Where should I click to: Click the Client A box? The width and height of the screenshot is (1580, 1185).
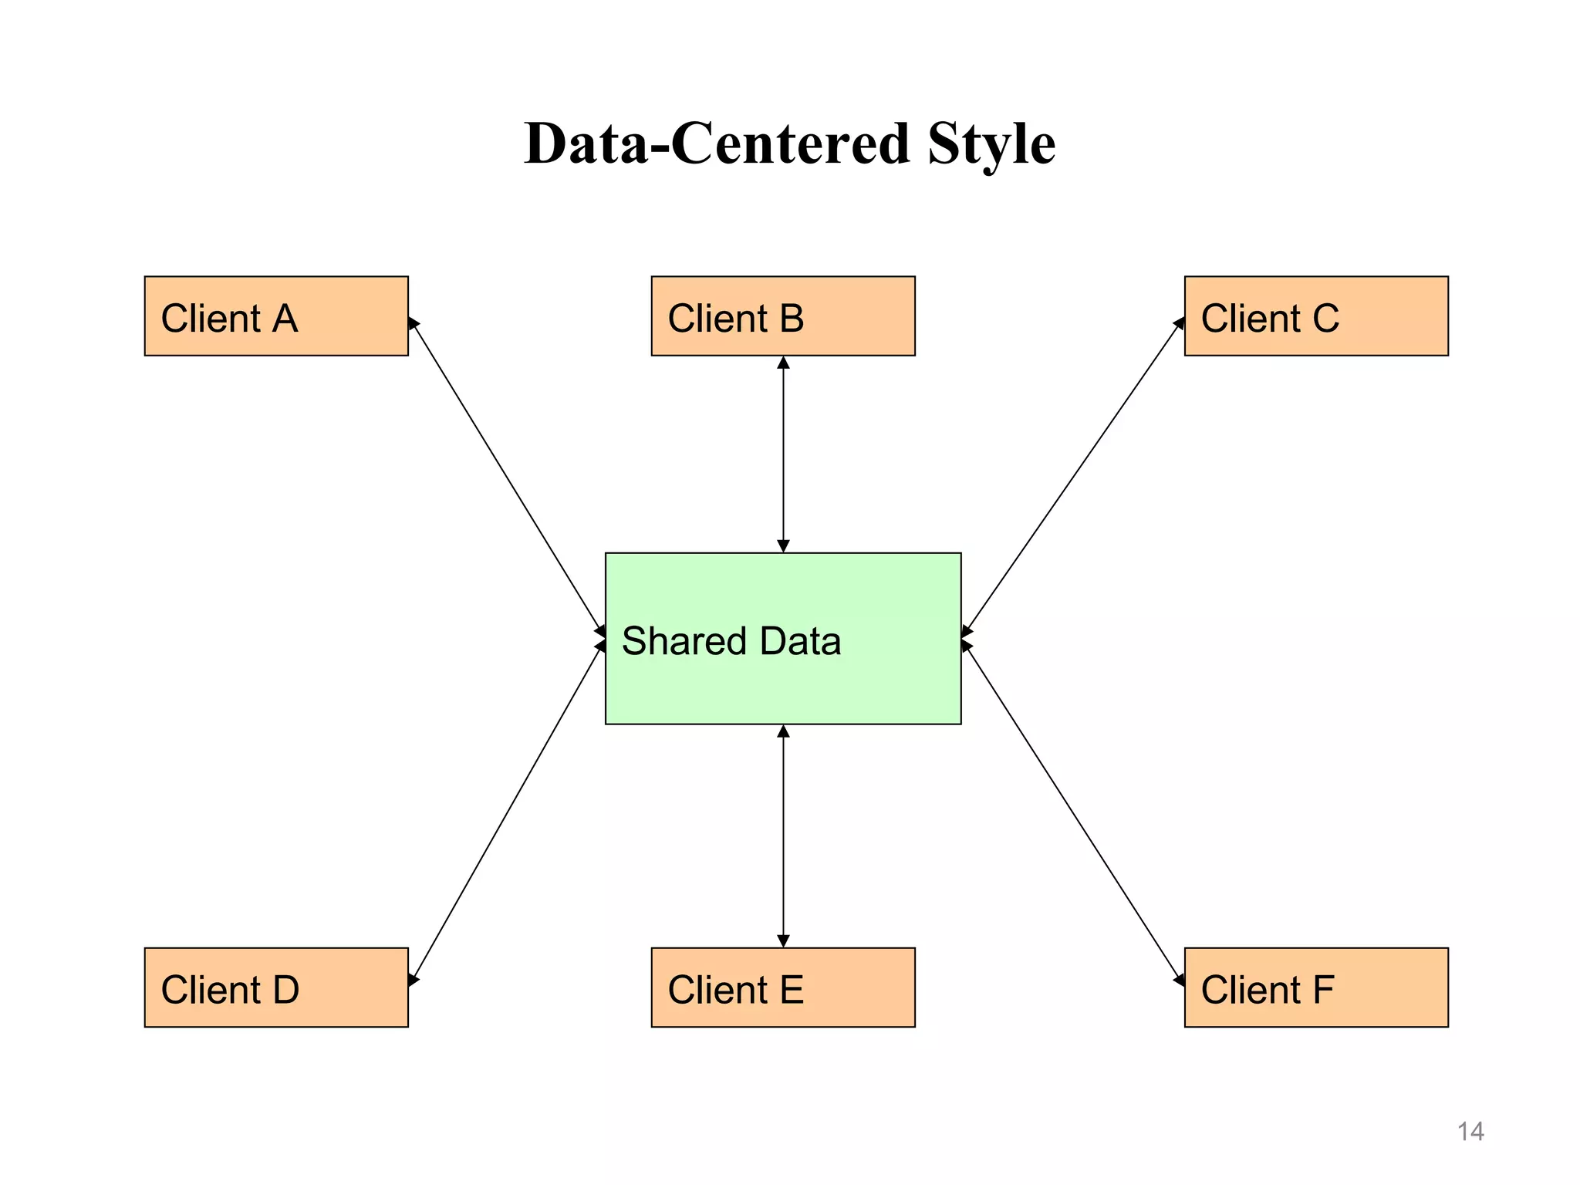point(276,316)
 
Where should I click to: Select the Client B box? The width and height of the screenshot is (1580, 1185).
point(782,316)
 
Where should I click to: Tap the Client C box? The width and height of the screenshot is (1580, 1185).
point(1315,316)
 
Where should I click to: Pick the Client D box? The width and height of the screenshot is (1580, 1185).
point(276,987)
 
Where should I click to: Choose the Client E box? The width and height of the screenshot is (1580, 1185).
point(782,987)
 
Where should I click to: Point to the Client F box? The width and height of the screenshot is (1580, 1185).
point(1315,987)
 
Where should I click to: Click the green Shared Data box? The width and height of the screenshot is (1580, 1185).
point(782,679)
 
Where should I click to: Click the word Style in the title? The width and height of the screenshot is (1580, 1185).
point(991,144)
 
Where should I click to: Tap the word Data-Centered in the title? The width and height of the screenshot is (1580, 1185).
point(717,144)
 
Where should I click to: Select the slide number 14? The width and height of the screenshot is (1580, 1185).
point(1470,1132)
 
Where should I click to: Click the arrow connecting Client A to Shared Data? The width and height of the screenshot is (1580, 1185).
point(506,477)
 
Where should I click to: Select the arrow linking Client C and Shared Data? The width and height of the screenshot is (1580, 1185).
point(1073,476)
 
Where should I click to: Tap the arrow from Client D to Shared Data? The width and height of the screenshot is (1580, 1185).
point(506,812)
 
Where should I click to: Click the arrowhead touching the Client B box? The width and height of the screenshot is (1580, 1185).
point(783,363)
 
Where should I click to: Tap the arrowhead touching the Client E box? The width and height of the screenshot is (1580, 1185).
point(783,941)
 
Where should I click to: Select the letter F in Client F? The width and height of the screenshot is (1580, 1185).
point(1323,990)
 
